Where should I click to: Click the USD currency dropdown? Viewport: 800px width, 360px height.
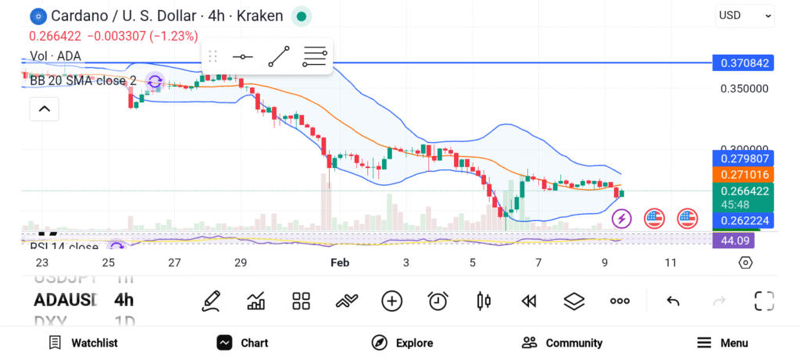click(x=745, y=15)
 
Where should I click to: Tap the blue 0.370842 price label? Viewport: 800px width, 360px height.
click(x=743, y=63)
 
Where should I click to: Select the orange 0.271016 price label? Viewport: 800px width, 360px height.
click(x=743, y=175)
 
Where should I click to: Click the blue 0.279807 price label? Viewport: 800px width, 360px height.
click(x=743, y=159)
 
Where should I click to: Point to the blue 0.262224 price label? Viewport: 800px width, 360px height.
click(x=743, y=220)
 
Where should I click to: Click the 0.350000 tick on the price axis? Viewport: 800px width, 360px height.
click(x=744, y=88)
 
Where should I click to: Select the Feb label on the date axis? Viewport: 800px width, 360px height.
click(x=340, y=263)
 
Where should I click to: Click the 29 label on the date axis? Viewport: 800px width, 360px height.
click(x=241, y=263)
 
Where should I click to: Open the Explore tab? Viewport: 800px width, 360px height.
click(x=402, y=343)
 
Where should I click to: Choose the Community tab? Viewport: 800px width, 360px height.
click(x=562, y=343)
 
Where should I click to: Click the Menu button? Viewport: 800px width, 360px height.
click(x=723, y=343)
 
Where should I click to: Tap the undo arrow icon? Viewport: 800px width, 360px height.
click(x=672, y=301)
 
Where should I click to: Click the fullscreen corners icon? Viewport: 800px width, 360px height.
click(x=763, y=301)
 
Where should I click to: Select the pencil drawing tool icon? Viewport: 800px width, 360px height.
click(x=209, y=301)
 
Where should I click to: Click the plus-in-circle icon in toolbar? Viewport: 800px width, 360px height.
click(x=391, y=301)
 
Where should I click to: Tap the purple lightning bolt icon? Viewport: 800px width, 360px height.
click(x=621, y=218)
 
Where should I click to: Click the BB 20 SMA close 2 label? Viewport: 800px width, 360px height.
click(x=83, y=80)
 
